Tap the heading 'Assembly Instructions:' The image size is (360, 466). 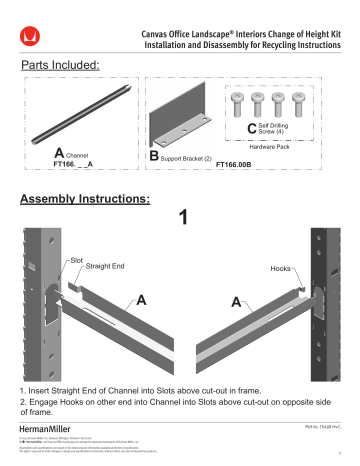click(x=85, y=199)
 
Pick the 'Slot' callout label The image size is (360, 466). click(x=77, y=259)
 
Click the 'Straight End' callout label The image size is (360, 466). click(x=106, y=267)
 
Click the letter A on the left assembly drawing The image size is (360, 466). click(x=142, y=299)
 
